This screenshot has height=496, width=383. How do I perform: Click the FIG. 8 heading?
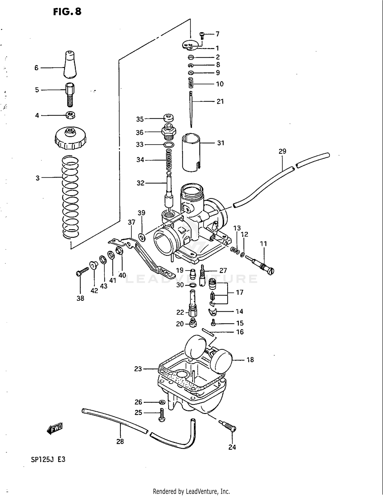(67, 12)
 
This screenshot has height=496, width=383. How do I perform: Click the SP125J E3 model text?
(48, 459)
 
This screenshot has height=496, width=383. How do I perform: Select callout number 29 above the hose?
(282, 151)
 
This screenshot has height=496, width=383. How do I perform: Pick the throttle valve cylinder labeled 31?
(191, 153)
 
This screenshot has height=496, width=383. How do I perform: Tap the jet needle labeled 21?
(191, 109)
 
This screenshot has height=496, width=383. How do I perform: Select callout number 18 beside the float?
(250, 360)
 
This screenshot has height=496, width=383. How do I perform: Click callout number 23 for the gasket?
(138, 369)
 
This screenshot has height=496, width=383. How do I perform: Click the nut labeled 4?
(70, 115)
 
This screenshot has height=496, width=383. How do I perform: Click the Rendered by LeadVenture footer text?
(191, 491)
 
